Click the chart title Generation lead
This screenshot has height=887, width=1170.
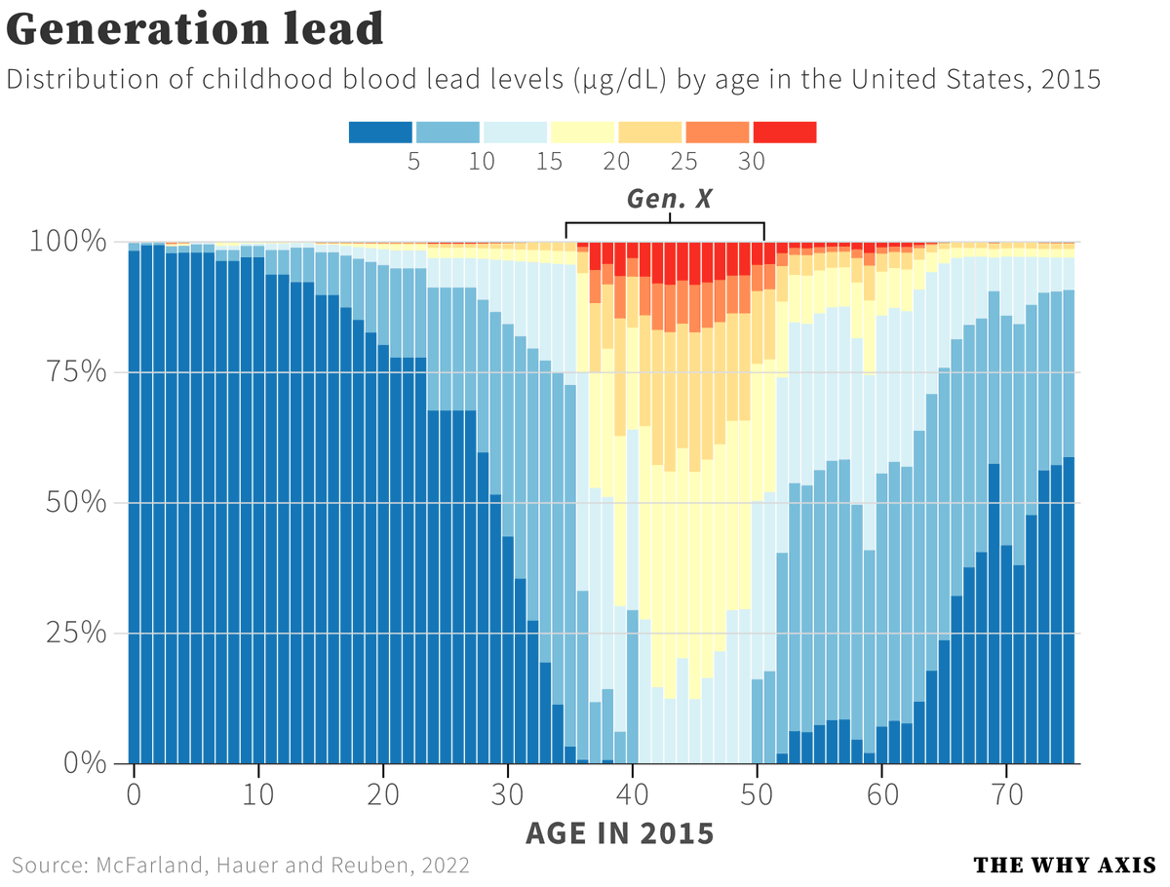tap(195, 29)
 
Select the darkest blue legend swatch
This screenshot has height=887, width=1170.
tap(380, 132)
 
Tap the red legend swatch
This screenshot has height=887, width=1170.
tap(785, 132)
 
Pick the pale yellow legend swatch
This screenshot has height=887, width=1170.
tap(582, 132)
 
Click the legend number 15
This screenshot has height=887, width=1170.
tap(549, 162)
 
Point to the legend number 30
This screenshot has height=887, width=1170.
tap(752, 162)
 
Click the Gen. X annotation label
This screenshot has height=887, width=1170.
tap(669, 200)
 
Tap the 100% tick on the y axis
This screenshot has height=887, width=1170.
tap(67, 242)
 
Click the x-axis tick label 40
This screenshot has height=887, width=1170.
tap(633, 791)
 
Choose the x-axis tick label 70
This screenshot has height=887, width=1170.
tap(1007, 791)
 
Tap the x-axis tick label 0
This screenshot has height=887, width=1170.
tap(134, 791)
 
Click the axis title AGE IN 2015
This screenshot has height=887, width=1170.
tap(619, 833)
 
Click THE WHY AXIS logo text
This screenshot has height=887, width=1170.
tap(1064, 865)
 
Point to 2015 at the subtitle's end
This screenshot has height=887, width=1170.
tap(1070, 79)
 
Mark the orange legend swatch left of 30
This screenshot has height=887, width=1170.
tap(718, 132)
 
